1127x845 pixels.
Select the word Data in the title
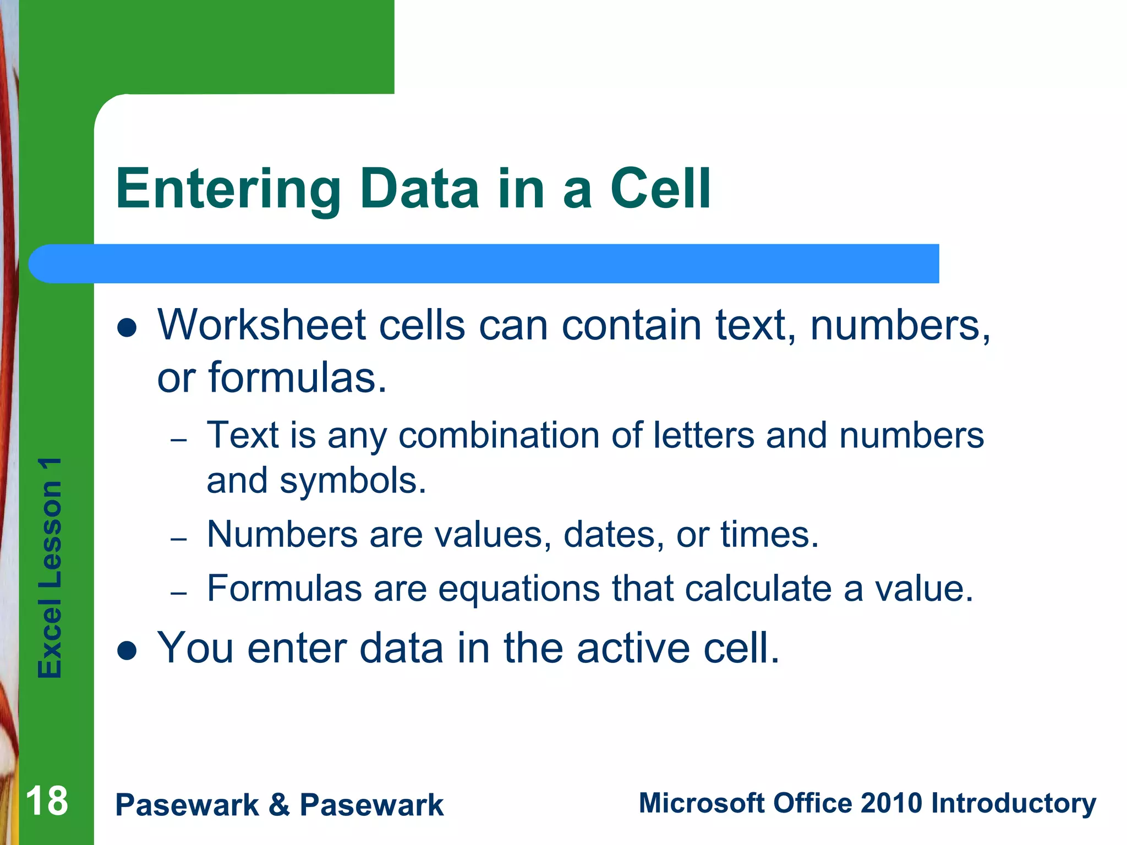pos(419,190)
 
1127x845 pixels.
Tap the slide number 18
pos(47,802)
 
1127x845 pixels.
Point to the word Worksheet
pos(261,326)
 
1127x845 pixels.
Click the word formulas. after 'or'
pos(298,378)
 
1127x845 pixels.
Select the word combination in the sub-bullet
pos(499,436)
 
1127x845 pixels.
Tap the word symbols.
pos(353,481)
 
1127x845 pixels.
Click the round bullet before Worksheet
pos(127,328)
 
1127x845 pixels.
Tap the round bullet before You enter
pos(127,651)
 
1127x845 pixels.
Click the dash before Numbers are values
pos(179,539)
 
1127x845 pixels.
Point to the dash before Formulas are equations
pos(179,593)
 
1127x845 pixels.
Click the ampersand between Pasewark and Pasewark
pos(279,805)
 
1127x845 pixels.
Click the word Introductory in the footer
pos(1013,803)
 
